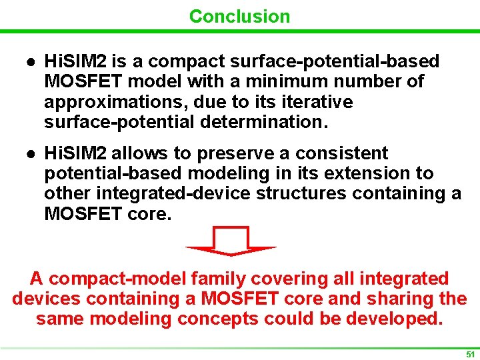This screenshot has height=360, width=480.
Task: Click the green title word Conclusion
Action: click(239, 16)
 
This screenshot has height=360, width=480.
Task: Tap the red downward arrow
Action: click(231, 242)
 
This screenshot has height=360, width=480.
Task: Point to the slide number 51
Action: click(470, 354)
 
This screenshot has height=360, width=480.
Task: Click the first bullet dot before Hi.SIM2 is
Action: click(31, 62)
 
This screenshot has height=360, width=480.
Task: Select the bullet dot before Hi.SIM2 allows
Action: click(31, 153)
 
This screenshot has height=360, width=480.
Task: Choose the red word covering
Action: click(283, 279)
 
